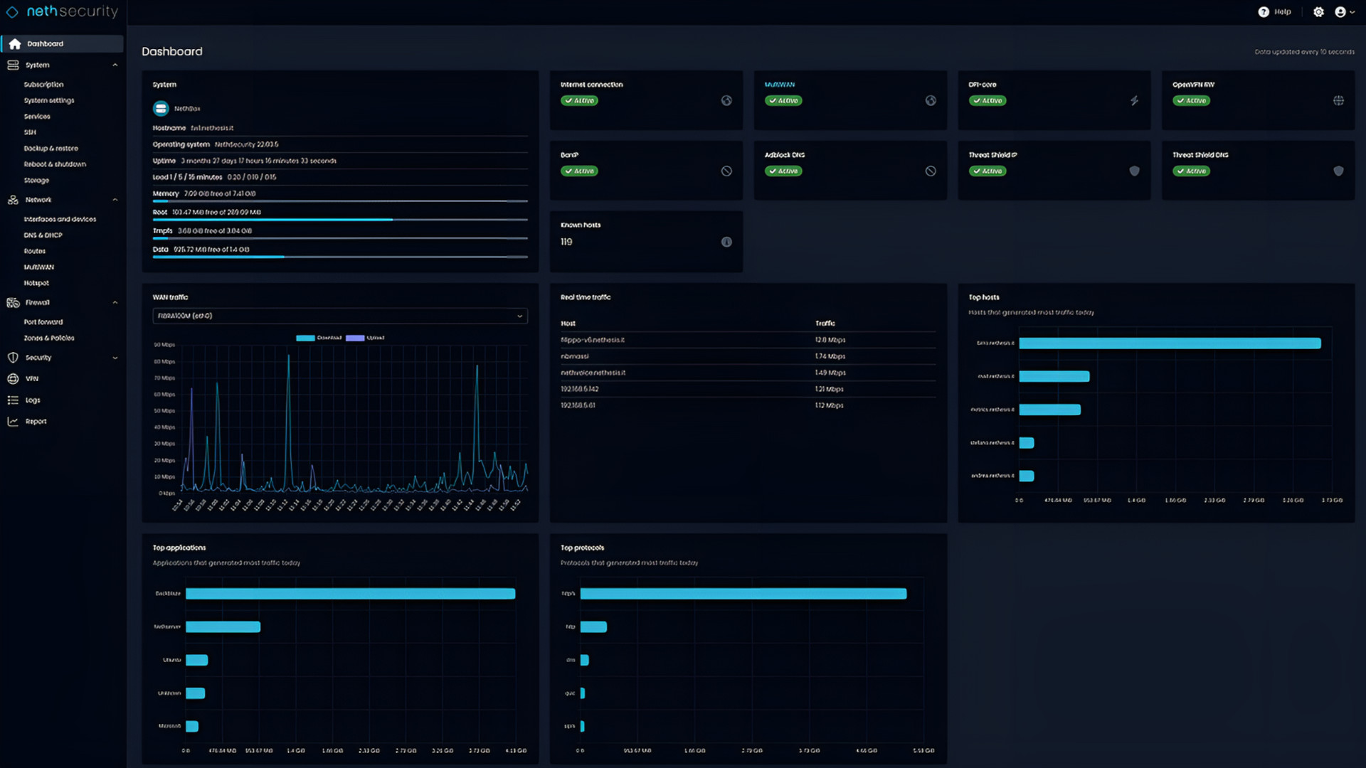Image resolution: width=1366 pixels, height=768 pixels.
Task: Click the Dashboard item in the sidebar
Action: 45,44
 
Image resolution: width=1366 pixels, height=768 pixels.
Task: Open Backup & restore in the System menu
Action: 51,149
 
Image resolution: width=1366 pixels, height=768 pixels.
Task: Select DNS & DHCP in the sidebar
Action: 43,235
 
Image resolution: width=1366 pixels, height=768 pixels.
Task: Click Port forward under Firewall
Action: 43,322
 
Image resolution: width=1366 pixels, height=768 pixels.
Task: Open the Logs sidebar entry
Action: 33,400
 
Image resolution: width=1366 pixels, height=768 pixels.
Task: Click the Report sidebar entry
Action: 36,422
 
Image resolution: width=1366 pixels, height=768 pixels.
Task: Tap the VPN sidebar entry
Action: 32,379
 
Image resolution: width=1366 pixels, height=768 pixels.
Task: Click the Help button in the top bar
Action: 1274,12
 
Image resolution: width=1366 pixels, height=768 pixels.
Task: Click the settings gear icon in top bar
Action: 1318,12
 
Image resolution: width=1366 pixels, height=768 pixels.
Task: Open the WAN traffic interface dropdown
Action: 340,316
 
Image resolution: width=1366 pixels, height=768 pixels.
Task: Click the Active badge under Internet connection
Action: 579,101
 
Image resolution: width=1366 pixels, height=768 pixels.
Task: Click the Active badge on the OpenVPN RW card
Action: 1191,101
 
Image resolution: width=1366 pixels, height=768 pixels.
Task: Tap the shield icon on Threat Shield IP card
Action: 1134,171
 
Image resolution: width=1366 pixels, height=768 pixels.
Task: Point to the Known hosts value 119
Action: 566,242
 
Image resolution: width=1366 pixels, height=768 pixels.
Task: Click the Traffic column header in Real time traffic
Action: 825,324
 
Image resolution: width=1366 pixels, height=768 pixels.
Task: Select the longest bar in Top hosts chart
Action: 1170,343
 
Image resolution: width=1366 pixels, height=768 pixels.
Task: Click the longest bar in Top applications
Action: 350,594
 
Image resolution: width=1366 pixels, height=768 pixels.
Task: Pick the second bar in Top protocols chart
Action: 593,627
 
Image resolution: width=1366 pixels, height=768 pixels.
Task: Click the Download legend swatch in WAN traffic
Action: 305,338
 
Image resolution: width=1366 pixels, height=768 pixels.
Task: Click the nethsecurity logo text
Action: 72,11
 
